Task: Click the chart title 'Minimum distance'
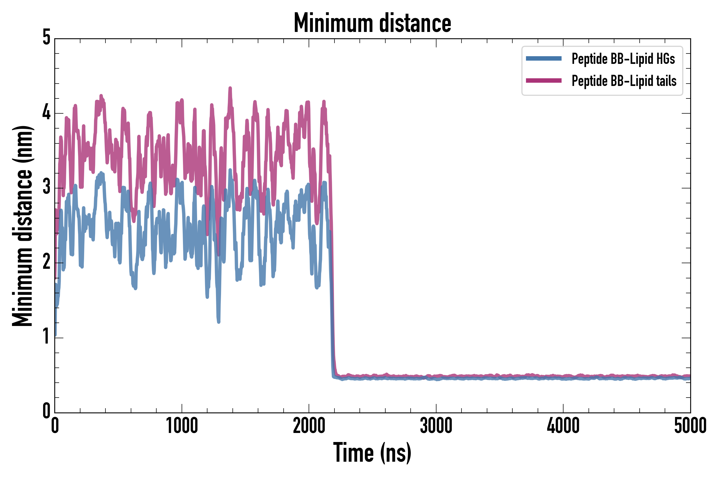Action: point(372,23)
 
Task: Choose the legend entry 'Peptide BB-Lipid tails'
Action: point(624,81)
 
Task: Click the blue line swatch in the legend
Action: point(544,59)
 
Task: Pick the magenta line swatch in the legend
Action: point(544,81)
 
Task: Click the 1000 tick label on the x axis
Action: point(182,426)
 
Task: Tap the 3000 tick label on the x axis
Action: point(436,426)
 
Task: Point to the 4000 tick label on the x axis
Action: point(563,426)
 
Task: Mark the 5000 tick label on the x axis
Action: point(690,426)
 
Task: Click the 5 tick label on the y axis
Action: point(46,38)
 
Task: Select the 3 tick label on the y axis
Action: point(46,187)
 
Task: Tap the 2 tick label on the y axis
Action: point(46,262)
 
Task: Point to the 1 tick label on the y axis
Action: point(46,337)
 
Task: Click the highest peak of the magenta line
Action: point(230,88)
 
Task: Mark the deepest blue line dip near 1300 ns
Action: point(219,322)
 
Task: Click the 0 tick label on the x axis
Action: point(55,426)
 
